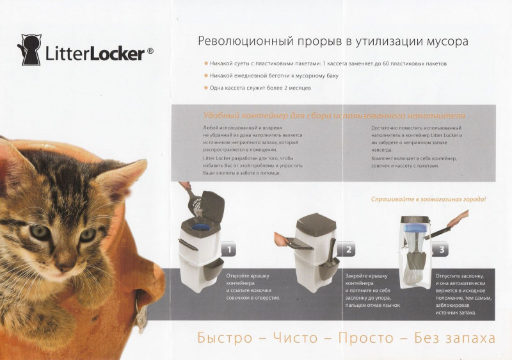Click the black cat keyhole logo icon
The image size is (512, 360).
tap(29, 50)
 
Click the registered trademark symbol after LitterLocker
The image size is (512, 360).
tap(150, 51)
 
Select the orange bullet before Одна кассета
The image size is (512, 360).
tap(206, 88)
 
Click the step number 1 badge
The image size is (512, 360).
tap(228, 250)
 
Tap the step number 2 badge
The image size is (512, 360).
tap(348, 250)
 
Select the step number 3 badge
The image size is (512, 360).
tap(442, 250)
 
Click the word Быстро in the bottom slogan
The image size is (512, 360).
tap(225, 338)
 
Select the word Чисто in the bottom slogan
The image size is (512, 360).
tap(295, 338)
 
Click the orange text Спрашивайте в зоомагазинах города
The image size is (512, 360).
tap(428, 199)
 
